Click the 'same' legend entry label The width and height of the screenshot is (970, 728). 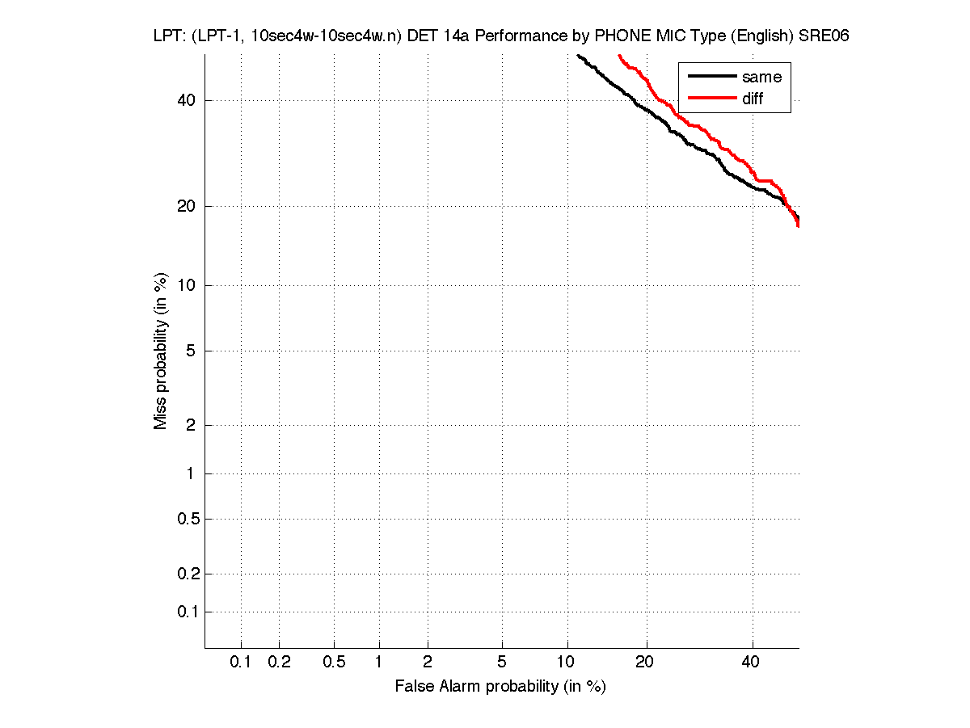(x=761, y=77)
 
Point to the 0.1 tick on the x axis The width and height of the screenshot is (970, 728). (x=241, y=662)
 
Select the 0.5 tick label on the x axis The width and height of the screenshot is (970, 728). (x=334, y=662)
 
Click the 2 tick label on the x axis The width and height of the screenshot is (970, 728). (x=428, y=662)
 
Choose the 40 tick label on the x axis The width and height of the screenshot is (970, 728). (x=752, y=662)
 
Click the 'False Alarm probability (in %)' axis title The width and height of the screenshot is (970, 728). (x=500, y=687)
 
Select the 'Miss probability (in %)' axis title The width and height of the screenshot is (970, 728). (x=161, y=350)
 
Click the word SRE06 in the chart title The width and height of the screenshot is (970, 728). (x=824, y=37)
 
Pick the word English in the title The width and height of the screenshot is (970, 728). (x=761, y=37)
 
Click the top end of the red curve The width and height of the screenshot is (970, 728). (x=619, y=55)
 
